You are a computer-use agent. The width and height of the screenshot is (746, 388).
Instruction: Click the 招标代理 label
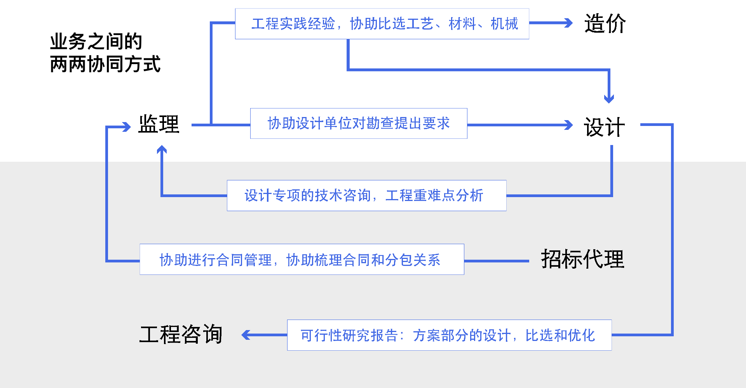coord(582,259)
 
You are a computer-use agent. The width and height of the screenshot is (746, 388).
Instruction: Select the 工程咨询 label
coord(181,334)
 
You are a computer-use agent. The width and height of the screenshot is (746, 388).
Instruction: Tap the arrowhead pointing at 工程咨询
coord(246,335)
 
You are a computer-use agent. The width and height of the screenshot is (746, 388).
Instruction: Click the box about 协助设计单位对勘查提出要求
coord(358,124)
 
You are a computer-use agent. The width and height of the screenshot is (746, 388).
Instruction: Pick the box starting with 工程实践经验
coord(382,24)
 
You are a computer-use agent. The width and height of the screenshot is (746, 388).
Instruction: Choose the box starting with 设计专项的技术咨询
coord(366,196)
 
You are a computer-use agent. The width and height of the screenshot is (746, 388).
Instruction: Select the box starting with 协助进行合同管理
coord(302,260)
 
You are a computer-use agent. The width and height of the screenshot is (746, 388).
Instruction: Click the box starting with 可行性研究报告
coord(449,335)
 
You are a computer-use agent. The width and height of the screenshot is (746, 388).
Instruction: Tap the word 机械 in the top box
coord(504,24)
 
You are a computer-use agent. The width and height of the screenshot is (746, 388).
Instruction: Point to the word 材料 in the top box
coord(462,24)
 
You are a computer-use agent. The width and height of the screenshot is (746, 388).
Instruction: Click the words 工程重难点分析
coord(434,196)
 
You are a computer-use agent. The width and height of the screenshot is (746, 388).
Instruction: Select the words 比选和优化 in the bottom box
coord(560,335)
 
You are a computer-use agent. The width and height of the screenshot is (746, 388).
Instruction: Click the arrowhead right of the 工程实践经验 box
coord(569,23)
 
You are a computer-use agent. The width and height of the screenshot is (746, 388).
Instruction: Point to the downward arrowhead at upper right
coord(609,98)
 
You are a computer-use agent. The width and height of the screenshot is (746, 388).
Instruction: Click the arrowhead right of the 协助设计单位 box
coord(569,125)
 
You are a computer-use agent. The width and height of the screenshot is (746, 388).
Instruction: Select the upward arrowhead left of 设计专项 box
coord(162,150)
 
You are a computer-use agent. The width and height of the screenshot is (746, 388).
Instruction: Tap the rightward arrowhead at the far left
coord(126,127)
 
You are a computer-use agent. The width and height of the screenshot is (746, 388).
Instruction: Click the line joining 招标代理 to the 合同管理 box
coord(497,261)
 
